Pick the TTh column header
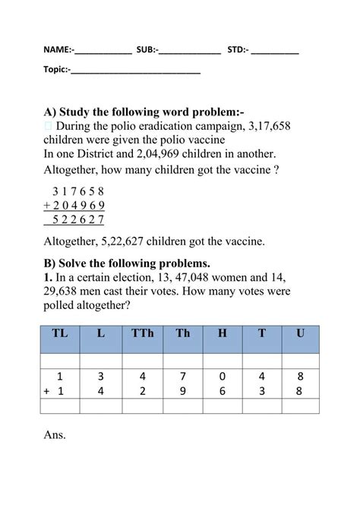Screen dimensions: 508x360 tap(141, 333)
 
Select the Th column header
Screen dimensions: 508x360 tap(182, 333)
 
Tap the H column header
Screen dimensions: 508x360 tap(222, 333)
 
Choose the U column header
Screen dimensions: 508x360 tap(302, 333)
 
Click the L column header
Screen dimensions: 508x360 tap(101, 333)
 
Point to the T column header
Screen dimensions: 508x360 tap(262, 333)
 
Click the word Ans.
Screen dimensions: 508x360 tap(55, 435)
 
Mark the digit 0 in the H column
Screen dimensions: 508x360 tap(222, 375)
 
